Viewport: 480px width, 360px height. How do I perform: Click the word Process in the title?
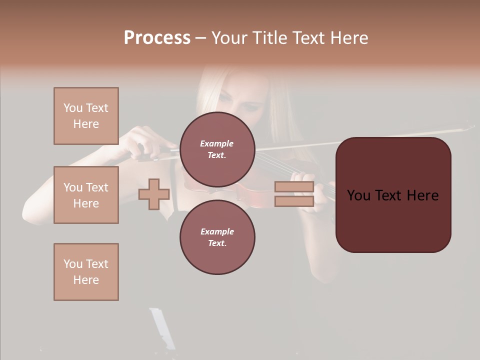[157, 38]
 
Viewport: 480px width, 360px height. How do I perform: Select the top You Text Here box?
[86, 116]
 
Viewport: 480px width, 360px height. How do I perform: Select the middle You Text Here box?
[86, 195]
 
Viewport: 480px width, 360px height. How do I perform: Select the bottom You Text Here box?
[86, 272]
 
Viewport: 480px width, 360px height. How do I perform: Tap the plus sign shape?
[154, 194]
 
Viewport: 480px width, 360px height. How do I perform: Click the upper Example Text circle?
[217, 149]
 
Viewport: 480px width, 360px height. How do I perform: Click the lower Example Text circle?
[217, 237]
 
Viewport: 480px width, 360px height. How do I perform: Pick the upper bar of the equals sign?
[294, 187]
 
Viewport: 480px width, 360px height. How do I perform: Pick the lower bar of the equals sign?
[294, 201]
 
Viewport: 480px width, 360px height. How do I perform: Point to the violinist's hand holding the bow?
[142, 142]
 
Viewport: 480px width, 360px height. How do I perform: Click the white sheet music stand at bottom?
[162, 327]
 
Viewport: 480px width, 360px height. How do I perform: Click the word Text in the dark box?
[392, 195]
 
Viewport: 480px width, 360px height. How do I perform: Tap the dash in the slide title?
[200, 38]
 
